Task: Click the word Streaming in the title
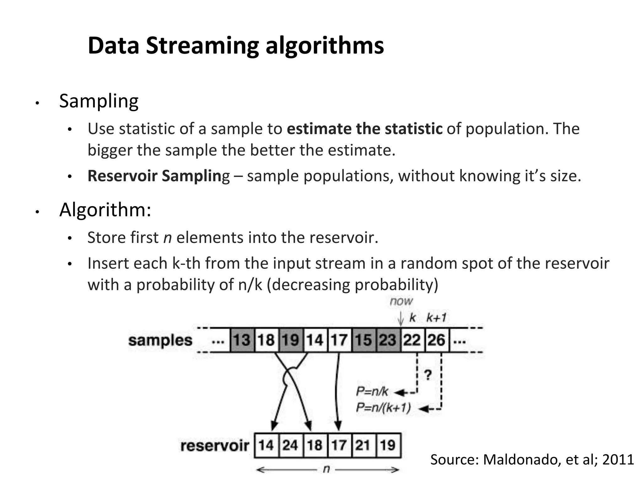point(202,46)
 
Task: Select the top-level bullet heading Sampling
point(99,101)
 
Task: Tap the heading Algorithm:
point(105,210)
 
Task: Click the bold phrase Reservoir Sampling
point(159,176)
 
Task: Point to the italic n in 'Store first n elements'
point(167,238)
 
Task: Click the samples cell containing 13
point(242,340)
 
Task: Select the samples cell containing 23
point(388,340)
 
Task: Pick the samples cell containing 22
point(412,340)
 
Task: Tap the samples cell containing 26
point(437,340)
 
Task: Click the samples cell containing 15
point(364,340)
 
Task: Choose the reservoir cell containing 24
point(290,445)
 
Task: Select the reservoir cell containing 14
point(266,445)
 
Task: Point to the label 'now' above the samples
point(401,301)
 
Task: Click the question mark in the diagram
point(428,375)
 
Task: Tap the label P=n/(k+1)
point(383,408)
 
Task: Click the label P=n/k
point(372,392)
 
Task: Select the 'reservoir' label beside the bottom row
point(215,446)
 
